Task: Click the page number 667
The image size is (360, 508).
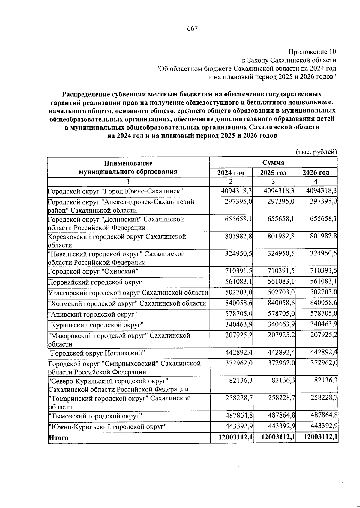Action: point(192,28)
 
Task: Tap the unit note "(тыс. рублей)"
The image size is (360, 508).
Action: point(317,152)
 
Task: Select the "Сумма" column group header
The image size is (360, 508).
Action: point(273,163)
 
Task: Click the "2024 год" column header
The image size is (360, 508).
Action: point(231,173)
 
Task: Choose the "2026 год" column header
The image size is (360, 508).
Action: point(316,173)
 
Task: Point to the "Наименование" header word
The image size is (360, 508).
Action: point(128,163)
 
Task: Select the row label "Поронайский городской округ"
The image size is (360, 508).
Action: point(95,282)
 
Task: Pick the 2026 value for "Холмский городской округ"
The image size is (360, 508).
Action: point(324,303)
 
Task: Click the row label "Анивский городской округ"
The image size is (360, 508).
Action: point(93,314)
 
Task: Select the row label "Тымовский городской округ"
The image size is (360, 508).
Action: point(95,416)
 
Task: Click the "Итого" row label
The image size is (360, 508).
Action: point(58,438)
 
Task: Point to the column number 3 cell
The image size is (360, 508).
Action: point(273,181)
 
